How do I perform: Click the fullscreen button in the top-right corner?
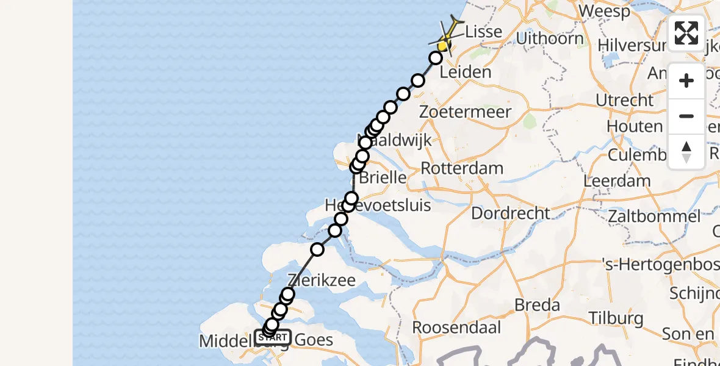click(686, 33)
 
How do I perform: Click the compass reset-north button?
click(686, 151)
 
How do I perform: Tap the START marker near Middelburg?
click(273, 337)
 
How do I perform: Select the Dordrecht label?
click(511, 213)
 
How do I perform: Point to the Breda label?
click(538, 304)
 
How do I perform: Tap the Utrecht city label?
click(625, 100)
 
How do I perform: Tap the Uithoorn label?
click(549, 39)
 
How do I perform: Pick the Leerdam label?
click(617, 181)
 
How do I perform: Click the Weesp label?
click(605, 11)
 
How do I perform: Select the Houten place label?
click(634, 127)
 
